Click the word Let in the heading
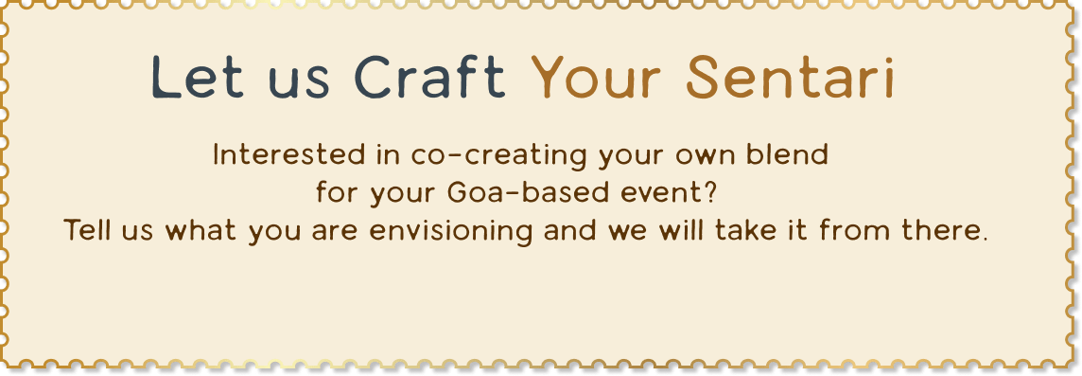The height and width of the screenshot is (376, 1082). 198,76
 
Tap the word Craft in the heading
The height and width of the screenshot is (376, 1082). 430,76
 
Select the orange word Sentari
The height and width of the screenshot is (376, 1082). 790,76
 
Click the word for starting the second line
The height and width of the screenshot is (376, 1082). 339,193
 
